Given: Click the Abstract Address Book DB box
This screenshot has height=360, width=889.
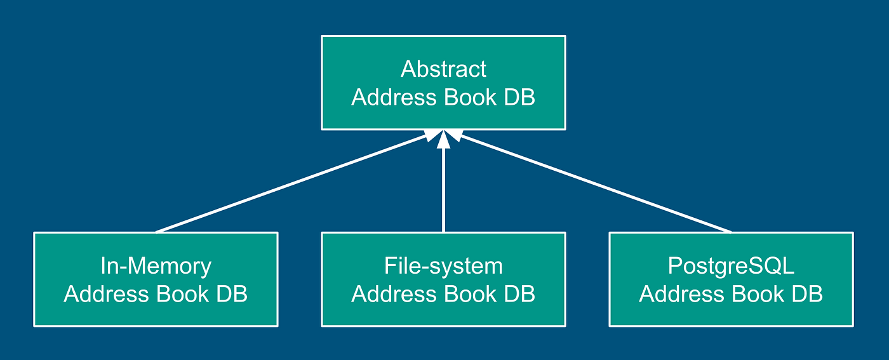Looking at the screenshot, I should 443,83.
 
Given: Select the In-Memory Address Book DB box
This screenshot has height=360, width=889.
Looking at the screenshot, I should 156,279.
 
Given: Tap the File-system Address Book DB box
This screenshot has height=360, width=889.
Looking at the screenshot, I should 443,279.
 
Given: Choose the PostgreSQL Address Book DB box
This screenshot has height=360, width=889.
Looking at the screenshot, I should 731,279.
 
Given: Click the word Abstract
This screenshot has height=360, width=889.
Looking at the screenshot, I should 443,69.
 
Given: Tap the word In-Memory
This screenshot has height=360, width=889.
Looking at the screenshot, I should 156,266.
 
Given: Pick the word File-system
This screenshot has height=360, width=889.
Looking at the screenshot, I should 443,266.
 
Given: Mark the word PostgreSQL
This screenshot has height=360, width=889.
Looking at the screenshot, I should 731,266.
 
